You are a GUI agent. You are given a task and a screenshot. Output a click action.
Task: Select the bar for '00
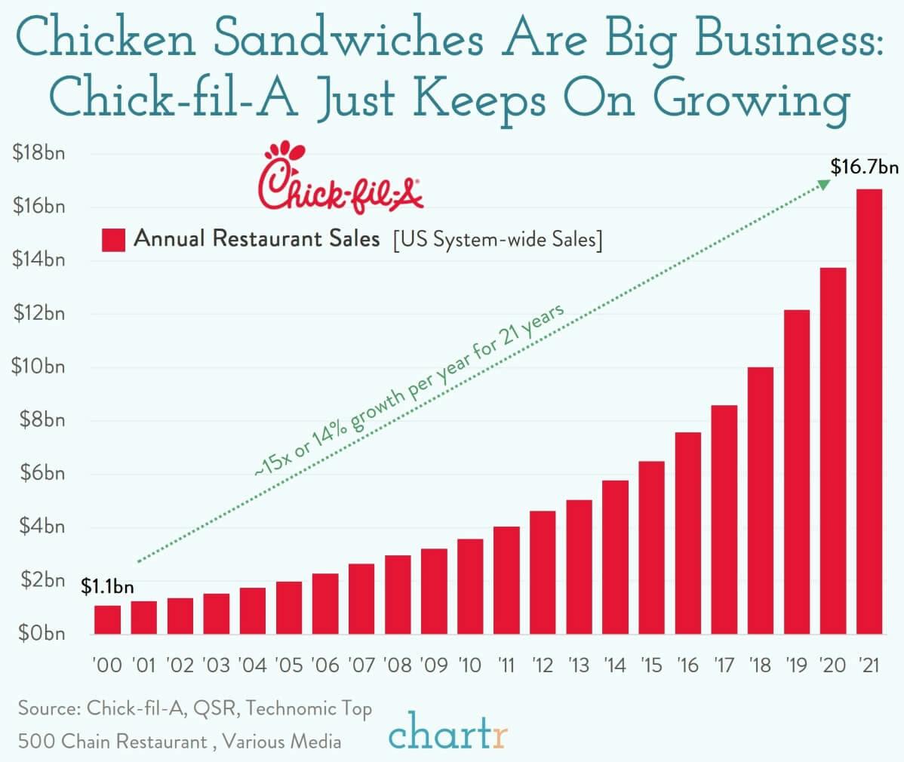coord(107,619)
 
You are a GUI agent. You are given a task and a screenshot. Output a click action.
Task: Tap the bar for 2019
coord(796,472)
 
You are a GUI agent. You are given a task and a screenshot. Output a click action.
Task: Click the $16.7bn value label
coord(864,167)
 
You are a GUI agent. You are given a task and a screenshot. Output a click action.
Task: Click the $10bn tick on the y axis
coord(38,367)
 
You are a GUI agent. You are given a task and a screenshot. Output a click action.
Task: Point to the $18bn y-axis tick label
coord(38,154)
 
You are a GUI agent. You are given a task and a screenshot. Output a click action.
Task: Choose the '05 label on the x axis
coord(288,665)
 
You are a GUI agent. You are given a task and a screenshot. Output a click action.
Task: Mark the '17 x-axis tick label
coord(724,665)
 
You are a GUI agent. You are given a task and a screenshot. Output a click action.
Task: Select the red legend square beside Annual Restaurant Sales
coord(112,240)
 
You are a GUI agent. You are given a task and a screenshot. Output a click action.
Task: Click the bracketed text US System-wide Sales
coord(497,241)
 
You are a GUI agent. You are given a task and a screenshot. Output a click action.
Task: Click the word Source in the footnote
coord(48,709)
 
